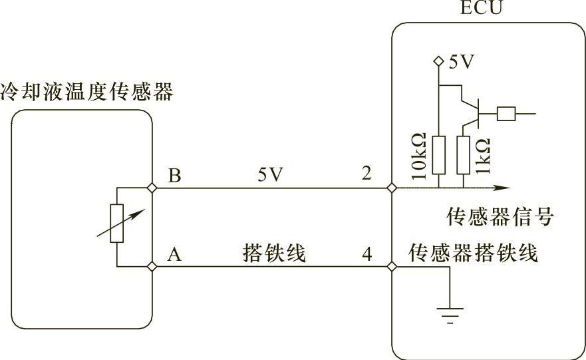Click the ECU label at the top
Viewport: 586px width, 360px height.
(x=482, y=7)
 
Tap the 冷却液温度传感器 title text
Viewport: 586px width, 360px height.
(x=86, y=92)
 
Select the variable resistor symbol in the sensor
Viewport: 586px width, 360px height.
(x=117, y=224)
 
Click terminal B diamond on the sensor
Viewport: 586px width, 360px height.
(x=152, y=188)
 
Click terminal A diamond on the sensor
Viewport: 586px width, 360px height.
(x=152, y=267)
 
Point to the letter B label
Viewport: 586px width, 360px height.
(x=174, y=175)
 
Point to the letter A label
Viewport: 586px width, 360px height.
(x=174, y=255)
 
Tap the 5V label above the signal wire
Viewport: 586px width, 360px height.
(x=271, y=174)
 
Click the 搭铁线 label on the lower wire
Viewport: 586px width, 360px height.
(x=274, y=253)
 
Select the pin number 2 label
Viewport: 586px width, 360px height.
(x=366, y=173)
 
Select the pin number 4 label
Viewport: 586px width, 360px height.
(x=367, y=254)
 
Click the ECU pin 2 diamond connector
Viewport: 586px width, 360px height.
(x=392, y=188)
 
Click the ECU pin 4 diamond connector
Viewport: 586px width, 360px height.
(x=392, y=267)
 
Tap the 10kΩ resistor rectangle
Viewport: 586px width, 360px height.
(x=439, y=155)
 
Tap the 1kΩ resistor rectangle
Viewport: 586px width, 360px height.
(x=464, y=155)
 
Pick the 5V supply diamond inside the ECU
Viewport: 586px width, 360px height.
(x=439, y=61)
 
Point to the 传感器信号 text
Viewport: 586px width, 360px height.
(x=500, y=216)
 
